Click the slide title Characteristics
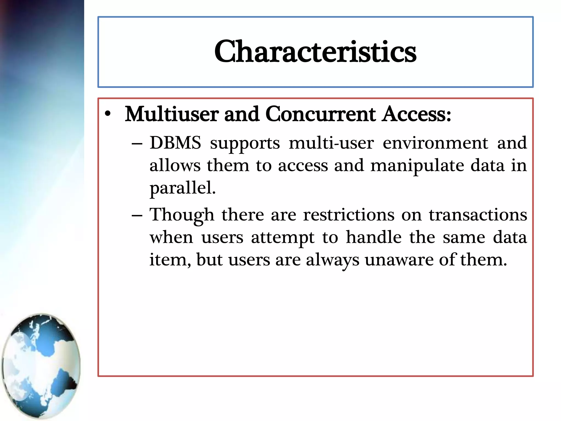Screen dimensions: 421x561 (315, 52)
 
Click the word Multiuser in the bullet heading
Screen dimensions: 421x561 (171, 114)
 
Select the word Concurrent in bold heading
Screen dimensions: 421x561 (320, 114)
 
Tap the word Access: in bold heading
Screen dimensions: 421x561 (417, 114)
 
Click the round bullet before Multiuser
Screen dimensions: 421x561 (108, 114)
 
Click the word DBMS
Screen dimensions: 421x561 (175, 143)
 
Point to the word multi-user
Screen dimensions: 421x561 (331, 143)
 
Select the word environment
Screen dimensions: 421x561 (435, 143)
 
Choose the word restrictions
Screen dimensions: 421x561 (349, 215)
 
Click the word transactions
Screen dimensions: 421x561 (478, 215)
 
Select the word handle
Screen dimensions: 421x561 (374, 237)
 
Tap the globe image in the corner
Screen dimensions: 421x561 (41, 366)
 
